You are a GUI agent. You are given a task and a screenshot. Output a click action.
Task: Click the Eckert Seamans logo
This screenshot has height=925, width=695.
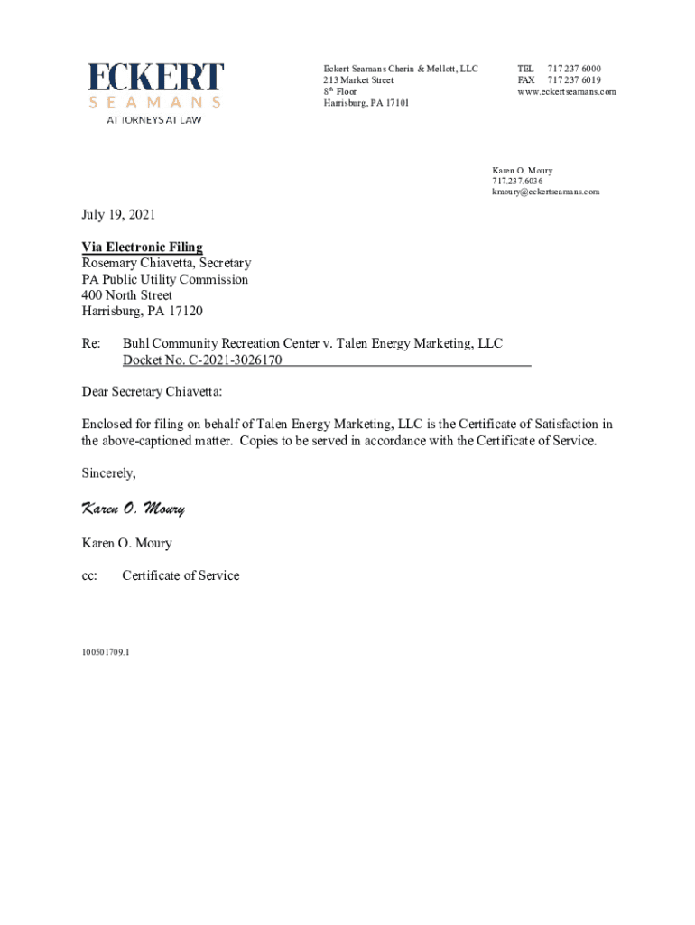tap(155, 87)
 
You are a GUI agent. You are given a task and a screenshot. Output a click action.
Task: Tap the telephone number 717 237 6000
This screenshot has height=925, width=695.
tap(574, 69)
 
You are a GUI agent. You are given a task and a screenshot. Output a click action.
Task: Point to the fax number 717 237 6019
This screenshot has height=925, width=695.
tap(574, 80)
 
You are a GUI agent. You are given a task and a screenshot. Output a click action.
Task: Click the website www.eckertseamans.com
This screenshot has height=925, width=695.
tap(567, 92)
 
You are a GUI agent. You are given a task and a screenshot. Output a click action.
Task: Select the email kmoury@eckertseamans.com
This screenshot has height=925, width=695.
tap(545, 192)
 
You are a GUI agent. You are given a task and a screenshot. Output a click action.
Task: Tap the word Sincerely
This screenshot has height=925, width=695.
tap(109, 473)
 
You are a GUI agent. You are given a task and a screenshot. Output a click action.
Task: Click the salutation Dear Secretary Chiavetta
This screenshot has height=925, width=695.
tap(152, 393)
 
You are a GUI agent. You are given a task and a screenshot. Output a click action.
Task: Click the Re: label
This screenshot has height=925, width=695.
tap(91, 343)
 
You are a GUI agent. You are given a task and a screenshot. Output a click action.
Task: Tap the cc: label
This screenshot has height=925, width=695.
tap(89, 575)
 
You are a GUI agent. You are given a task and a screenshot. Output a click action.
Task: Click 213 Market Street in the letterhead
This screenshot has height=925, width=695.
tap(358, 80)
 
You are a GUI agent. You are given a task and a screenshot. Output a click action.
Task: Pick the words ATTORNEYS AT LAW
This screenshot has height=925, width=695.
tap(154, 119)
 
